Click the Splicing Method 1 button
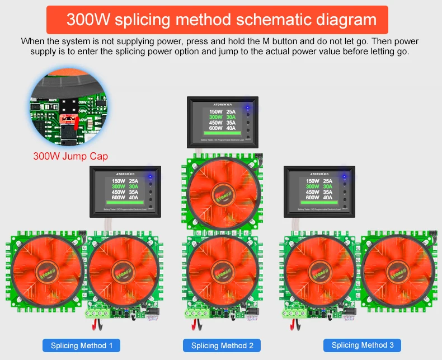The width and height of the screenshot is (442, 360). [82, 345]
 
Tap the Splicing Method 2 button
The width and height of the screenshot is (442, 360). [222, 345]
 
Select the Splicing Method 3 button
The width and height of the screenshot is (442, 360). [363, 345]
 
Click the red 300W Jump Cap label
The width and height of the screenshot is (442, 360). [70, 156]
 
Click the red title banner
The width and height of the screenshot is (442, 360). [221, 20]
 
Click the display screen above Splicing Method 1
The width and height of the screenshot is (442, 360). [125, 190]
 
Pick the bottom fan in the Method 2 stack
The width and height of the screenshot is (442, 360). [222, 270]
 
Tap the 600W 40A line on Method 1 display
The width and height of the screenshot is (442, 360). [125, 197]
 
